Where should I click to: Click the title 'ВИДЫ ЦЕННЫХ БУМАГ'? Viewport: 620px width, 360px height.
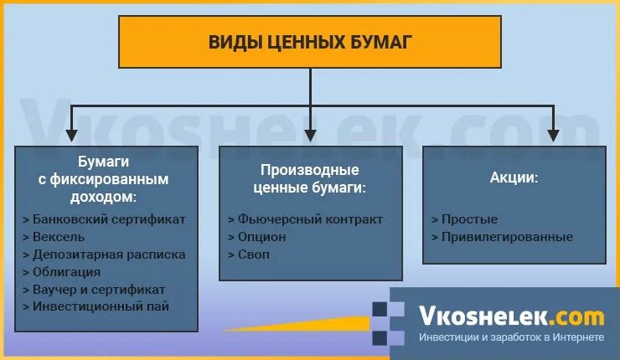(x=310, y=42)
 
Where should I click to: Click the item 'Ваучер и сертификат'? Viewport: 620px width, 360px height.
(x=100, y=290)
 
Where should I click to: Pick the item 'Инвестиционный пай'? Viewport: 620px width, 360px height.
(x=101, y=307)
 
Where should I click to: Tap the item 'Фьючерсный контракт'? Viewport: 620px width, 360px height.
(x=309, y=219)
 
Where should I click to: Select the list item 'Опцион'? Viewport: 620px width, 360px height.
(x=261, y=237)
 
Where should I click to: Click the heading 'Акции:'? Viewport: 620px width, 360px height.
(x=514, y=178)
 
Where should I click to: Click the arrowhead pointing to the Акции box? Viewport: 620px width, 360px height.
(x=553, y=133)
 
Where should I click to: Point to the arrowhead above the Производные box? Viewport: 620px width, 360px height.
(x=311, y=133)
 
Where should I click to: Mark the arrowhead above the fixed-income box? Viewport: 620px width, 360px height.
(x=72, y=133)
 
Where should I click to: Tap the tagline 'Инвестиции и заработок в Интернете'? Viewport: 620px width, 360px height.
(x=511, y=337)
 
